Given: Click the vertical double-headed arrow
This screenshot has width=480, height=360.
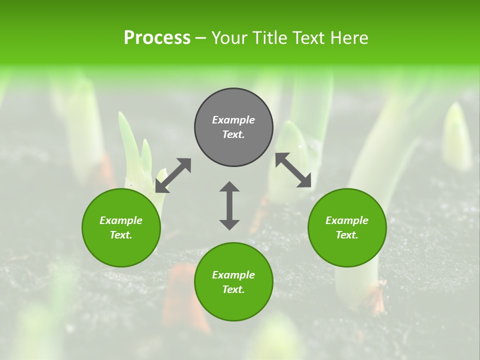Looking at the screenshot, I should (x=229, y=205).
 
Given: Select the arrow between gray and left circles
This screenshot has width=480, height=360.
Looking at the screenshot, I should (x=173, y=175).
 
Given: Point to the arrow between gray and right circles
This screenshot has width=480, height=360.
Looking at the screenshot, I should (x=293, y=170).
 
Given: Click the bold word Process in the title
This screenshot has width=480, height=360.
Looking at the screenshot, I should (x=157, y=38).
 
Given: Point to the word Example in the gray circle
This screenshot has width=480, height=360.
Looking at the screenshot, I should (x=233, y=120).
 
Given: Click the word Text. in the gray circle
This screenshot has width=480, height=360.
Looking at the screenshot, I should (x=233, y=134).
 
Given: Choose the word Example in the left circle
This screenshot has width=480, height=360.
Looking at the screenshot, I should (x=121, y=220).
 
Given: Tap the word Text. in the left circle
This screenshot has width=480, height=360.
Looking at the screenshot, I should (x=121, y=235).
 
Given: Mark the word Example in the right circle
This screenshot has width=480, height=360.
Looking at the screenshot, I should (x=347, y=220).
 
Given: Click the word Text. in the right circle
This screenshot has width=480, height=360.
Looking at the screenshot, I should (x=347, y=235).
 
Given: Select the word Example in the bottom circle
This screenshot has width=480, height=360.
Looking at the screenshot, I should (x=233, y=275).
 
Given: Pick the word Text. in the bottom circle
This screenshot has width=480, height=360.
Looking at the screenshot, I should (x=233, y=289).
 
